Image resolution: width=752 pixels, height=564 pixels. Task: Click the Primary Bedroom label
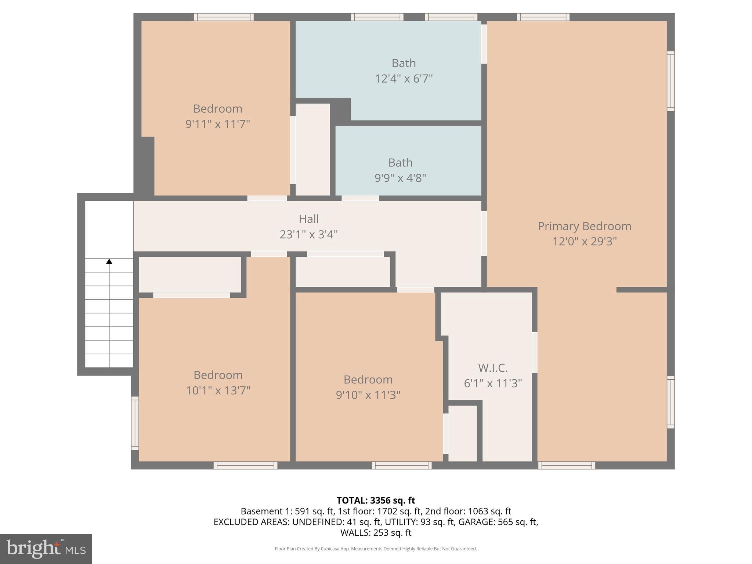point(584,226)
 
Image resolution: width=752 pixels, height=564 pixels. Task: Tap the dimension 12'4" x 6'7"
point(404,79)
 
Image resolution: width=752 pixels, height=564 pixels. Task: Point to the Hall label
point(308,219)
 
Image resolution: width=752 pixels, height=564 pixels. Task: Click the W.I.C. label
point(493,368)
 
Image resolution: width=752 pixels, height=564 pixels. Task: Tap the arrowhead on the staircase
point(109,261)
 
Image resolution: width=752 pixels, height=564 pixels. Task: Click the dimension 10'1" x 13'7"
point(218,390)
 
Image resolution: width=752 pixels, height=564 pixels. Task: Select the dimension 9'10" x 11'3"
point(368,395)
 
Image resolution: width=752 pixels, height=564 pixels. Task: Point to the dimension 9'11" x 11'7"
point(217,124)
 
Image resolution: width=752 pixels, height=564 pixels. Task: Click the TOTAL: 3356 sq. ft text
point(376,500)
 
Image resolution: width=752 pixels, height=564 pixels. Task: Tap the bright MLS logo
point(46,549)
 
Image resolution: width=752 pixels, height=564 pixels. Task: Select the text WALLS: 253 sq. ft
point(376,532)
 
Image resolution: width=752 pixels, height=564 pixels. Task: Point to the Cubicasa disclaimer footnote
point(376,549)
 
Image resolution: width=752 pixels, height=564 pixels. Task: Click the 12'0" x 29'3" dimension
point(584,242)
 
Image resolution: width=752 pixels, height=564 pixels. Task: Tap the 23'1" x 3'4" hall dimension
point(308,234)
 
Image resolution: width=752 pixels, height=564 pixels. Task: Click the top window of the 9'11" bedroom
point(224,17)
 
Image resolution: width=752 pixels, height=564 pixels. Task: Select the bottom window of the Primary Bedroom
point(567,465)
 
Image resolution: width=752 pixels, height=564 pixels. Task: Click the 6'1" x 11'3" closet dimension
point(493,383)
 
